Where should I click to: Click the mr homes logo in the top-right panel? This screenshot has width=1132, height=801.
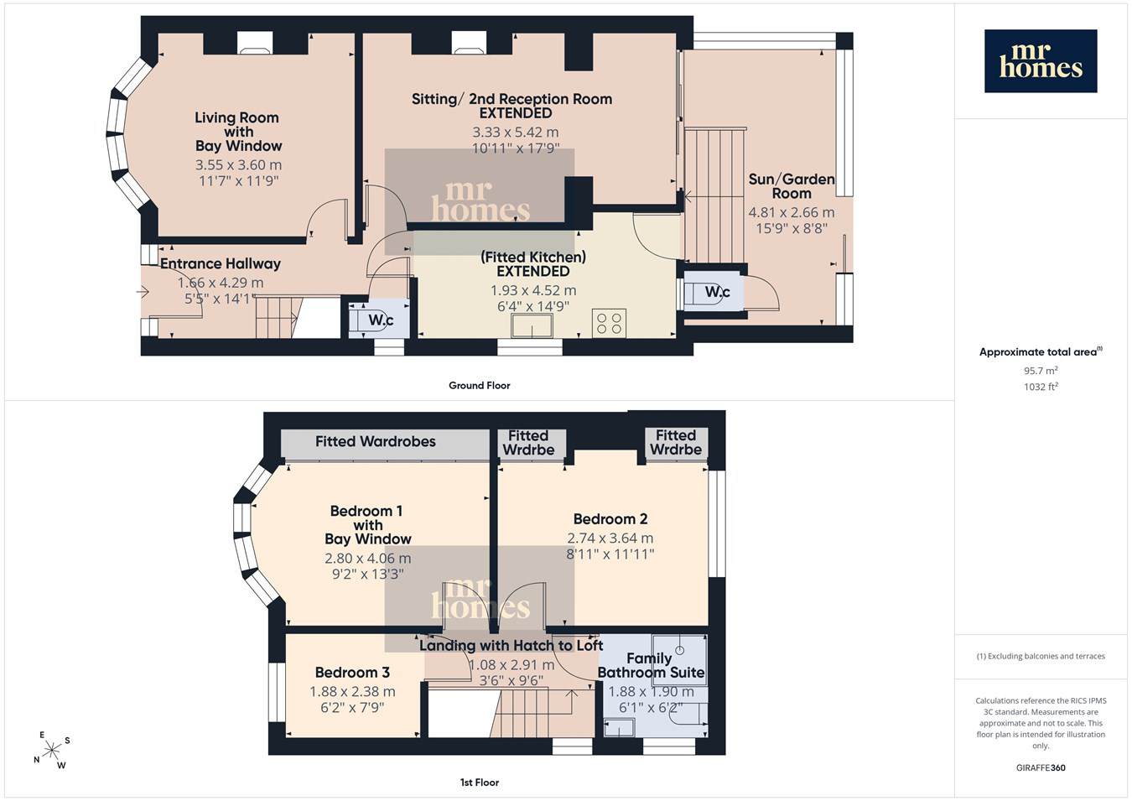click(1041, 60)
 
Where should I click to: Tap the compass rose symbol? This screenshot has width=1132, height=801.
click(51, 751)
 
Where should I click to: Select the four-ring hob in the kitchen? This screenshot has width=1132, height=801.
click(609, 324)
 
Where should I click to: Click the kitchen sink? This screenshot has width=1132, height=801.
click(532, 325)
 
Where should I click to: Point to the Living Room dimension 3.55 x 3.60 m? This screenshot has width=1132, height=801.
click(238, 164)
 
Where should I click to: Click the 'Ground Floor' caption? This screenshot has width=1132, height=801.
click(480, 386)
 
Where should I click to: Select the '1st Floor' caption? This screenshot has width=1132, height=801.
click(480, 783)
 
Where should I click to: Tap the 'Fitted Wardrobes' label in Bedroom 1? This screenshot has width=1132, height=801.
click(376, 442)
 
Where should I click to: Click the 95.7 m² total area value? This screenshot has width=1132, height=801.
click(1041, 370)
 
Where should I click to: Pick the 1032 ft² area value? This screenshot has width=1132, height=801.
click(1041, 387)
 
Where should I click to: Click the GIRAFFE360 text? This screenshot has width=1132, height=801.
click(1041, 767)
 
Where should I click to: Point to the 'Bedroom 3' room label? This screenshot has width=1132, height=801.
click(352, 673)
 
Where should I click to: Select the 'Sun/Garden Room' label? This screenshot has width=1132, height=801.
click(792, 186)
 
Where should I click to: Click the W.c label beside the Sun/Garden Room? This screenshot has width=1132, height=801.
click(718, 292)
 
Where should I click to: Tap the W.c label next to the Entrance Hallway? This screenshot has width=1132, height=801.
click(381, 320)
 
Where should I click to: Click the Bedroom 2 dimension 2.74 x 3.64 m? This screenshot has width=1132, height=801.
click(610, 538)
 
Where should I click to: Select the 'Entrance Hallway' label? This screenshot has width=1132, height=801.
click(221, 264)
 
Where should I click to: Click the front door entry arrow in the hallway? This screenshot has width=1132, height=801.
click(143, 292)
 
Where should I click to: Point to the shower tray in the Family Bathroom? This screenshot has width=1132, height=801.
click(679, 660)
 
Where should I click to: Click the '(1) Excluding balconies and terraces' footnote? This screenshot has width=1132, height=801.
click(1041, 657)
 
